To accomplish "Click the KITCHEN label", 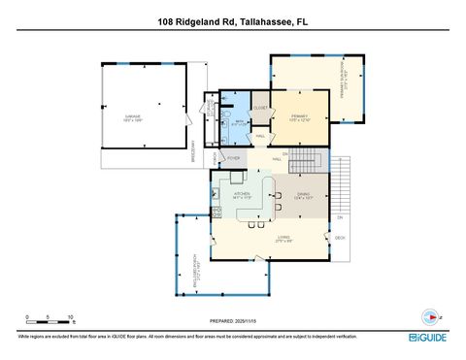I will click(242, 194).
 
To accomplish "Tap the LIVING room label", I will click(283, 238).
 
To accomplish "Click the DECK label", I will click(340, 238).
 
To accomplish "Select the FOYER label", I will click(234, 157).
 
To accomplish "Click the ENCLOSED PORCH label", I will click(197, 275).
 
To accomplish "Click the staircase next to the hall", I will click(305, 159).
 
